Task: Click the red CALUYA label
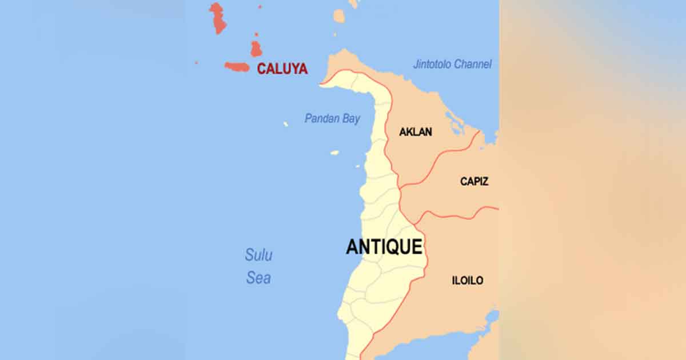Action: click(282, 69)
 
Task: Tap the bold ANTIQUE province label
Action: click(384, 247)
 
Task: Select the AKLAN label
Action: click(416, 132)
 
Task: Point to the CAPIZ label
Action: click(474, 182)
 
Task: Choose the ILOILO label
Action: click(468, 281)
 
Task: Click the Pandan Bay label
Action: click(332, 119)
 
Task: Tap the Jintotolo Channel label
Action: click(452, 65)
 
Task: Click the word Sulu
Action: click(258, 255)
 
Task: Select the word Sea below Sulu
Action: click(258, 278)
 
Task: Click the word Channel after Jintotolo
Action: click(472, 65)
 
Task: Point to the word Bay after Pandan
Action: click(350, 119)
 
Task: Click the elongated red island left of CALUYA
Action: click(237, 67)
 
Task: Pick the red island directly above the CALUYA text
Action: click(256, 49)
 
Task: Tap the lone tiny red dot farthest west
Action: click(196, 63)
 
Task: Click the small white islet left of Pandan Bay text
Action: click(285, 124)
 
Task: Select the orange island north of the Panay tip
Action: click(339, 16)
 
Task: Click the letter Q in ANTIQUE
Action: click(396, 247)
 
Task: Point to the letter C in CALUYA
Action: click(261, 69)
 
